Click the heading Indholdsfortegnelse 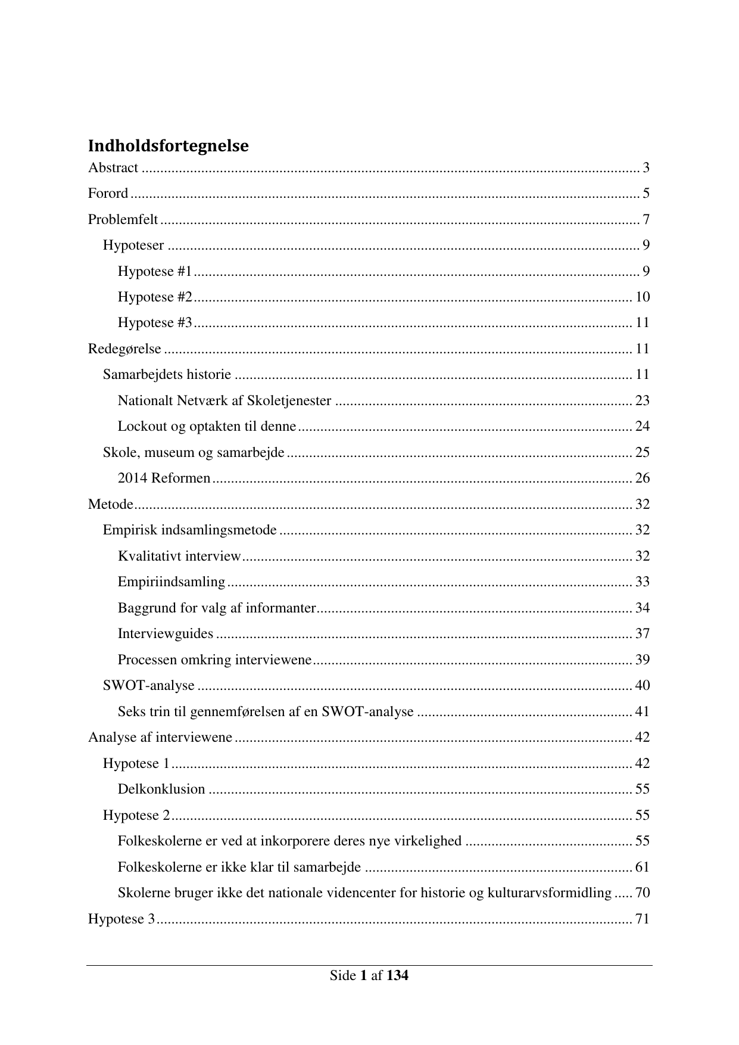pyautogui.click(x=168, y=145)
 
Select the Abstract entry pyautogui.click(x=113, y=168)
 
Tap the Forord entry pyautogui.click(x=108, y=194)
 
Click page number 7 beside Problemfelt pyautogui.click(x=646, y=220)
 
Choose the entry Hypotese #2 pyautogui.click(x=155, y=297)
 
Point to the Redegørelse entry pyautogui.click(x=124, y=349)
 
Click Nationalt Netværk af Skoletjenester pyautogui.click(x=224, y=400)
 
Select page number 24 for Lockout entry pyautogui.click(x=642, y=427)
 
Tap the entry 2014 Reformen pyautogui.click(x=164, y=478)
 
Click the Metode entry pyautogui.click(x=110, y=505)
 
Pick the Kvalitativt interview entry pyautogui.click(x=179, y=556)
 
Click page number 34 pyautogui.click(x=642, y=608)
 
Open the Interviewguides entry pyautogui.click(x=165, y=634)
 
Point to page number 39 pyautogui.click(x=642, y=660)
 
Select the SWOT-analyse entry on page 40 pyautogui.click(x=148, y=686)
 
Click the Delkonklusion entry pyautogui.click(x=161, y=789)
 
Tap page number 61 pyautogui.click(x=642, y=867)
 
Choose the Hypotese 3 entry pyautogui.click(x=121, y=919)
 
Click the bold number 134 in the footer pyautogui.click(x=397, y=976)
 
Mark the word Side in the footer pyautogui.click(x=342, y=976)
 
